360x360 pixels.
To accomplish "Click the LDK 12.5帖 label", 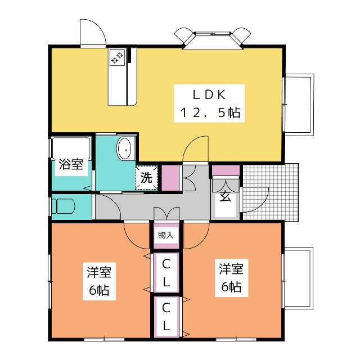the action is (209, 103).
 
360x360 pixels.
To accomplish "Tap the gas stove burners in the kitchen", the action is (117, 57).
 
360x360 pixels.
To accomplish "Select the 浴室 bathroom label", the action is (71, 164).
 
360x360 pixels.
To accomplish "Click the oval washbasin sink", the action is (124, 148).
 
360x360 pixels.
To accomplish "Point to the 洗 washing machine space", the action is (146, 178).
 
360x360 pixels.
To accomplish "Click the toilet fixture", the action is (63, 206).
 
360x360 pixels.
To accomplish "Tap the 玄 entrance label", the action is (225, 196).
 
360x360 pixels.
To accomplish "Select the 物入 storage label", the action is (166, 235).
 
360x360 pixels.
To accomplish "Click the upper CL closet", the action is (166, 272).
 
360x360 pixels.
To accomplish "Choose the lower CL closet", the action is (166, 317).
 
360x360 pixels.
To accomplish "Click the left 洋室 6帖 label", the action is (99, 281).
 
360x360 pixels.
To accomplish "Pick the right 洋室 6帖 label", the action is (231, 278).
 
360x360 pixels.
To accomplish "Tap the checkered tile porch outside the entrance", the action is (271, 192).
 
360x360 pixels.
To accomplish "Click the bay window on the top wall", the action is (213, 39).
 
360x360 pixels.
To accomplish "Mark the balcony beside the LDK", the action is (298, 105).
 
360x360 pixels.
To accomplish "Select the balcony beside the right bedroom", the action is (298, 278).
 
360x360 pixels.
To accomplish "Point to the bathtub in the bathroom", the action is (71, 148).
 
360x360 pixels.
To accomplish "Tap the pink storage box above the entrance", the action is (226, 170).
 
